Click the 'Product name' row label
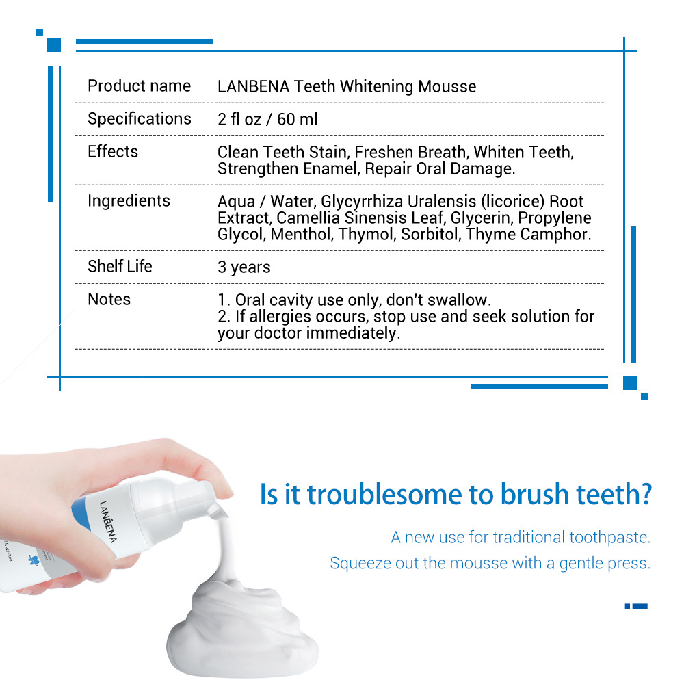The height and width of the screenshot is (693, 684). pyautogui.click(x=139, y=86)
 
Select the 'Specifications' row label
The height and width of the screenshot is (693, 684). pyautogui.click(x=139, y=119)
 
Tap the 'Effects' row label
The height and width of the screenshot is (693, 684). pyautogui.click(x=113, y=152)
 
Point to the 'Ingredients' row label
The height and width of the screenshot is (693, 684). pyautogui.click(x=129, y=201)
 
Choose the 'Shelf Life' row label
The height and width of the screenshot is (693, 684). pyautogui.click(x=120, y=267)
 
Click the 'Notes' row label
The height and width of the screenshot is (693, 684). pyautogui.click(x=109, y=300)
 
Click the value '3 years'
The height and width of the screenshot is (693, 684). pyautogui.click(x=244, y=267)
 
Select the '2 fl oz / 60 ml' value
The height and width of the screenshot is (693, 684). pyautogui.click(x=267, y=120)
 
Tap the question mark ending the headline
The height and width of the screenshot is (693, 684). pyautogui.click(x=644, y=495)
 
